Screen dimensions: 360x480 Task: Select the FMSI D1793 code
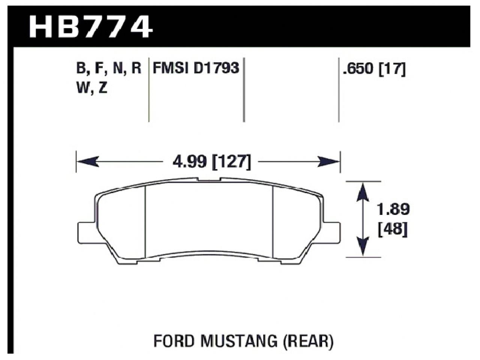pos(195,68)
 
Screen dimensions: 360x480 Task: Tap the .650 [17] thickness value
pos(374,69)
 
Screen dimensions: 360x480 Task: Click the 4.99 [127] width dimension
pos(211,162)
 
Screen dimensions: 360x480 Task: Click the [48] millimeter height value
pos(393,229)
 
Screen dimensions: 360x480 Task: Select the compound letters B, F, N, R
pos(108,69)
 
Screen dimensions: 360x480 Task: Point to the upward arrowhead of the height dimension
pos(362,191)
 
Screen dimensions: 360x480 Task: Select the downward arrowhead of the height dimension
pos(362,247)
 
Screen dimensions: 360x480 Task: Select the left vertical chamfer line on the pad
pos(145,221)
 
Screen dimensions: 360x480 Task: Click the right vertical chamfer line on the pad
pos(273,221)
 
